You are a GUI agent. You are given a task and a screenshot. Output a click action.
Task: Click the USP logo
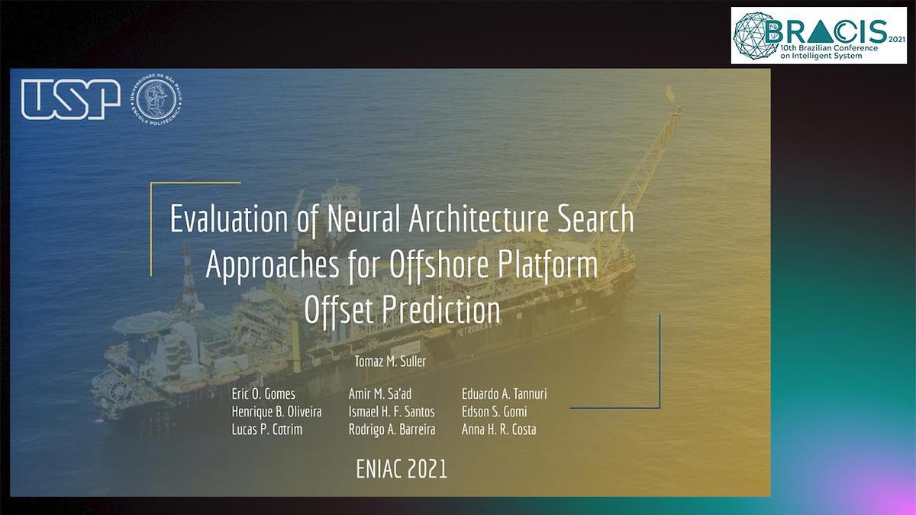71,99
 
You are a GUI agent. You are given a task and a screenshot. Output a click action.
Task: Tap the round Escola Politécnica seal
156,99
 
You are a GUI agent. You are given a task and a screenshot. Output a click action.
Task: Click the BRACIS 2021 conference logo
818,36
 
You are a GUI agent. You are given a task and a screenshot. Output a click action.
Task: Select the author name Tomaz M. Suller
390,361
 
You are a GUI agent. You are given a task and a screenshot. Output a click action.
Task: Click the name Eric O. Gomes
263,394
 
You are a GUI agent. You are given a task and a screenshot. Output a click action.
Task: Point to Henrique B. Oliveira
277,411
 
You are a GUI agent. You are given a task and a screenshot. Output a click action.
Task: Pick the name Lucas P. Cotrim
267,429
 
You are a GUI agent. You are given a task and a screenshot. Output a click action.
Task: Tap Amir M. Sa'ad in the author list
380,394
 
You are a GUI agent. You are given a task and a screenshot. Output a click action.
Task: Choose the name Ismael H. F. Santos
392,411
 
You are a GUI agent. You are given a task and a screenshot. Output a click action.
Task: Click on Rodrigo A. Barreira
392,429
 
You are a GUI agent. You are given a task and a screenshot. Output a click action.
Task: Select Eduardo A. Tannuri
505,394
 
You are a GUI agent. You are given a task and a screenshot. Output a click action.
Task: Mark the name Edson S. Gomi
495,411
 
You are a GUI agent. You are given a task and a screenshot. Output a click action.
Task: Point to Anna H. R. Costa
499,429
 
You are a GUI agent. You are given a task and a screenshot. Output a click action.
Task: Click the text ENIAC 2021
402,469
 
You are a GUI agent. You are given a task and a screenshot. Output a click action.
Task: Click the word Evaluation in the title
229,219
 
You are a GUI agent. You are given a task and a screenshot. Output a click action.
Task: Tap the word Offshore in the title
439,265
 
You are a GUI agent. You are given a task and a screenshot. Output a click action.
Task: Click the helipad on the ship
143,324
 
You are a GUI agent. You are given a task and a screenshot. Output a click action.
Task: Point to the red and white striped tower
189,275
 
